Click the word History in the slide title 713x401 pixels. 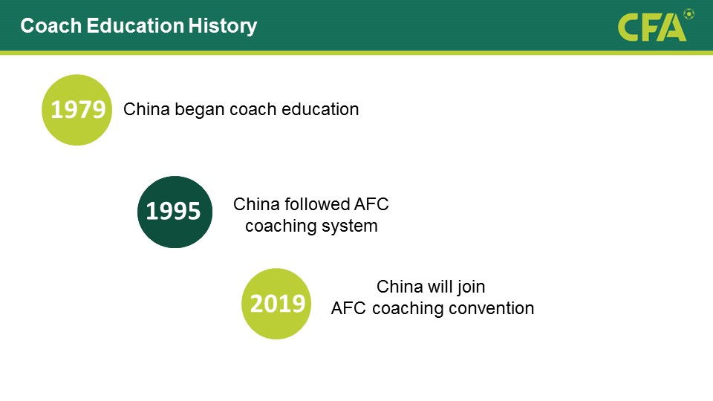(223, 27)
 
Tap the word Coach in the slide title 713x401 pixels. (51, 26)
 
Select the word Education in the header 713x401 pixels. (135, 26)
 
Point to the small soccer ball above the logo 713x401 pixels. (689, 14)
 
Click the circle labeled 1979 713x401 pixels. (76, 110)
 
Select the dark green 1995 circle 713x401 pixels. (175, 212)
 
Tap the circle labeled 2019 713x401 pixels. (276, 304)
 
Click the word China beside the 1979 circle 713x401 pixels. (146, 109)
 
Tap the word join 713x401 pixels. (471, 287)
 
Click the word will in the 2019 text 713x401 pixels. (440, 287)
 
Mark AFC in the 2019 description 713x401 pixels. (348, 308)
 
